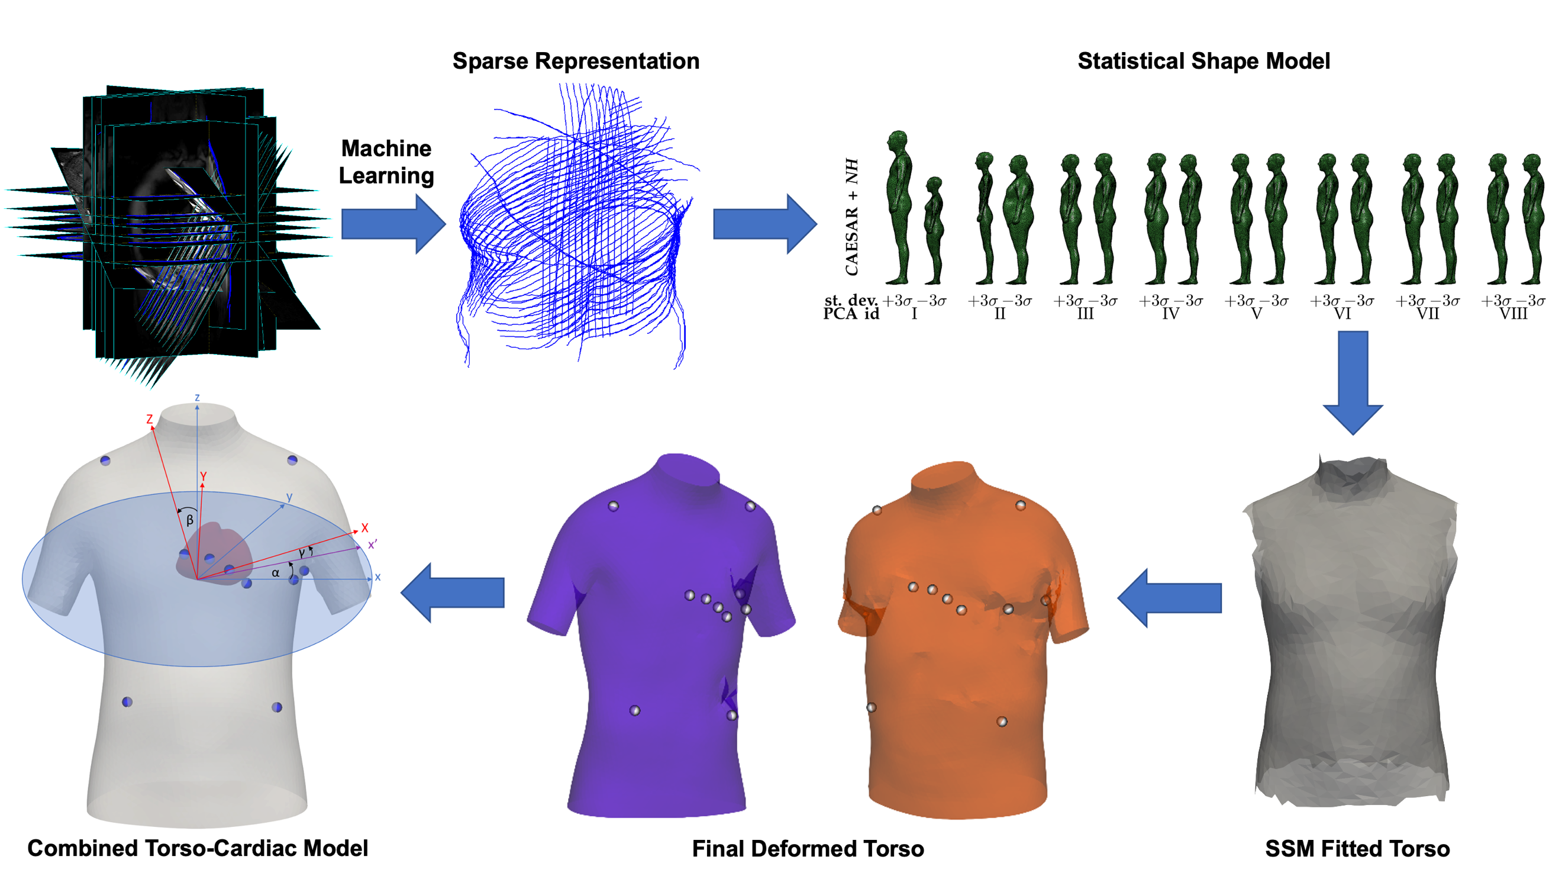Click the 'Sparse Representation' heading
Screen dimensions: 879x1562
pos(576,62)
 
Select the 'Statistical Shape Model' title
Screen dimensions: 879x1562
pos(1203,62)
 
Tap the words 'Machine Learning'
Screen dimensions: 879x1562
pos(386,162)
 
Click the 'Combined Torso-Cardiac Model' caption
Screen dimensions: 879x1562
pos(198,848)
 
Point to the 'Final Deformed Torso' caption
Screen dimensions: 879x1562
pos(808,849)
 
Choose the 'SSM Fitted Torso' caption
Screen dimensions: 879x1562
pos(1357,849)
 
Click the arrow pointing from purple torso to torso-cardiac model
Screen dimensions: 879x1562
pos(453,592)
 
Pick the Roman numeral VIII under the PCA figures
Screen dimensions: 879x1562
pos(1513,314)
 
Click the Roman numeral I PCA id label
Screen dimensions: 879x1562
pos(914,314)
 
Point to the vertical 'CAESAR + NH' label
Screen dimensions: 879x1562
pos(852,217)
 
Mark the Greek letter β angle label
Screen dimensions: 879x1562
pos(190,520)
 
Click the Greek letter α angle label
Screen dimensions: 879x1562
pos(276,572)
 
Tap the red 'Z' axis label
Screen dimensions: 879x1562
pos(149,419)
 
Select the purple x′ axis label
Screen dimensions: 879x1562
pos(372,544)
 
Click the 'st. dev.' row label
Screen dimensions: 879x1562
pos(851,300)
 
